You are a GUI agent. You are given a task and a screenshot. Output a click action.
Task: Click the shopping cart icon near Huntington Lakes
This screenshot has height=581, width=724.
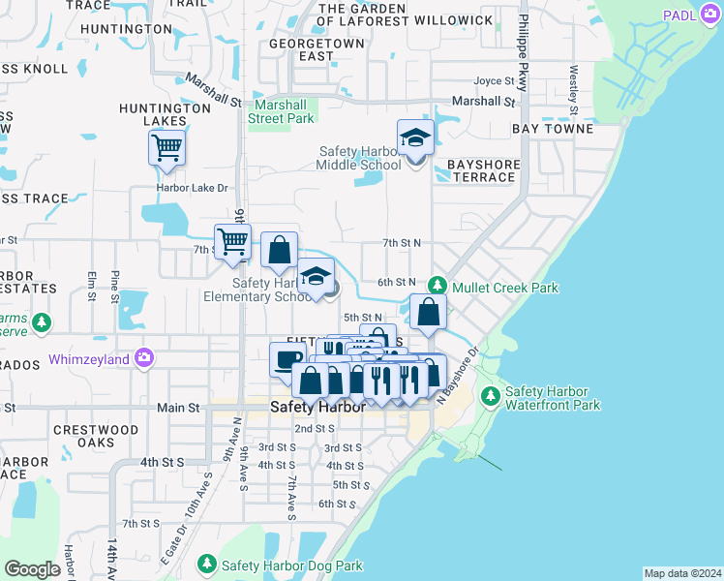(x=166, y=148)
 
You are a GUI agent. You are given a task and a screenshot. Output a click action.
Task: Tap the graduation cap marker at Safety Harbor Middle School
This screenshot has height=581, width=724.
(x=415, y=138)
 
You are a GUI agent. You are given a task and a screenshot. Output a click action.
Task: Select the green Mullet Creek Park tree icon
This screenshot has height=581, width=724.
(x=438, y=286)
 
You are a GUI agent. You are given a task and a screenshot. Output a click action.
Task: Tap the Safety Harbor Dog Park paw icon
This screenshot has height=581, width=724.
(x=206, y=564)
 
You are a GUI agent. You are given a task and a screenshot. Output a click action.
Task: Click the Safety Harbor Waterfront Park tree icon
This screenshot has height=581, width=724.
(x=491, y=395)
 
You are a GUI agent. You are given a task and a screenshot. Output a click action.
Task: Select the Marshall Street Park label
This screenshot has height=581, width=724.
(x=284, y=111)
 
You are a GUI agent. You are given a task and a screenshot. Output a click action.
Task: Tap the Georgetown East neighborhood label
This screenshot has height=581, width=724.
(x=317, y=50)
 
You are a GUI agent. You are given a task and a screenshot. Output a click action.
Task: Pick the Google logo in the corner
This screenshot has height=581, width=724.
(x=32, y=569)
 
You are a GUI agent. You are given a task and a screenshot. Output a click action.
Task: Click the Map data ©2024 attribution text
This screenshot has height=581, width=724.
(x=682, y=573)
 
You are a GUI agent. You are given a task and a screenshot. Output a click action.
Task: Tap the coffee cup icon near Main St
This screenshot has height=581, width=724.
(x=287, y=359)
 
